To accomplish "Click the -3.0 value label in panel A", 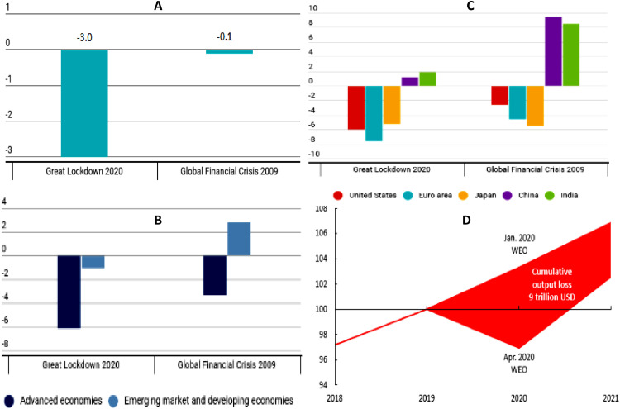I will [83, 36].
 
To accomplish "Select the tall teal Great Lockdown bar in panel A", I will [83, 102].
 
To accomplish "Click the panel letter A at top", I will [158, 7].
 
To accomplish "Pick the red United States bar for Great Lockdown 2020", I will [356, 107].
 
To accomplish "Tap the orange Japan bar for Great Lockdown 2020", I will [392, 105].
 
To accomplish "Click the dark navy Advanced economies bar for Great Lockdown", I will [69, 292].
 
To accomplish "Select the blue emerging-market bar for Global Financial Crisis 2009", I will [239, 239].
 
